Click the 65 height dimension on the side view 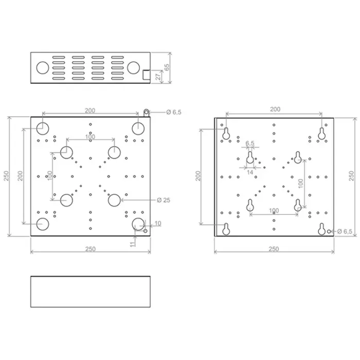point(166,67)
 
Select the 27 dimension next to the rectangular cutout point(158,76)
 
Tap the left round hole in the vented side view point(43,67)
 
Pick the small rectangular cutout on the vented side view point(146,75)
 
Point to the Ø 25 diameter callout point(163,200)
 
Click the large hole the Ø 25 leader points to point(114,200)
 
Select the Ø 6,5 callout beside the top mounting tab point(173,112)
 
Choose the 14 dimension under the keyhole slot point(250,173)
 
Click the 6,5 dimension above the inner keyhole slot point(250,143)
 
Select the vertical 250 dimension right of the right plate point(351,175)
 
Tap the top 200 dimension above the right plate point(275,109)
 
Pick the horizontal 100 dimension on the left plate point(90,136)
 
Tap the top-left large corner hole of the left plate point(43,127)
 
